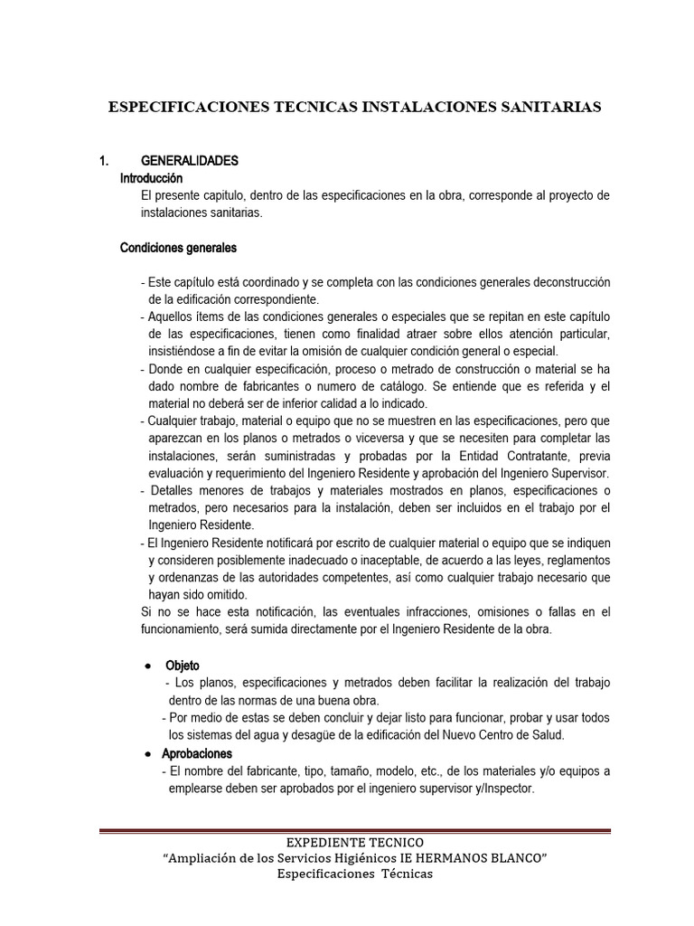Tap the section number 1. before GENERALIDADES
pyautogui.click(x=104, y=161)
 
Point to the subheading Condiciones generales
pyautogui.click(x=179, y=248)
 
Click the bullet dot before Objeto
pyautogui.click(x=147, y=666)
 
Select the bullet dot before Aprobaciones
pyautogui.click(x=147, y=753)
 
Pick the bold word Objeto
pyautogui.click(x=180, y=666)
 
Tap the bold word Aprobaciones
pyautogui.click(x=197, y=753)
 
